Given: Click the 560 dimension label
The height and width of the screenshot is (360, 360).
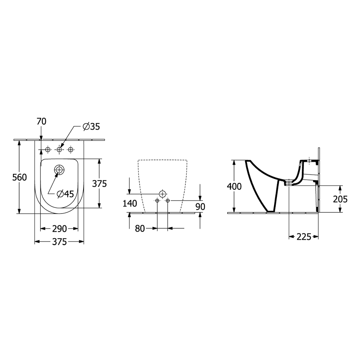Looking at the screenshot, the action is (x=19, y=177).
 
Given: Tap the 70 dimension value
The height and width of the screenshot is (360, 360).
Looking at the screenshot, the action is (x=41, y=121).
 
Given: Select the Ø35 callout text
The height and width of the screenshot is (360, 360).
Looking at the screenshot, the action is (x=91, y=126).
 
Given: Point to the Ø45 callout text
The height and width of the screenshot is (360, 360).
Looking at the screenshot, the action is (x=66, y=194).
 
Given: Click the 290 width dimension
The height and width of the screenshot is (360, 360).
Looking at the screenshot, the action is (x=59, y=229).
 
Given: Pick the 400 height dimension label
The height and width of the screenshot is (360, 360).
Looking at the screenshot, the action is (x=234, y=186).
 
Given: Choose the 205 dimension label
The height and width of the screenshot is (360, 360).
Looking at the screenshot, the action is (x=340, y=199).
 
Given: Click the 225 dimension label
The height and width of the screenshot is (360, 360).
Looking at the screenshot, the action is (x=304, y=237).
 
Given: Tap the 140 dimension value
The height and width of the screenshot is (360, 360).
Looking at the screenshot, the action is (x=130, y=203).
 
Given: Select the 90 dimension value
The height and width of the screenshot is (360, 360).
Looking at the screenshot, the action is (x=201, y=207).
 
